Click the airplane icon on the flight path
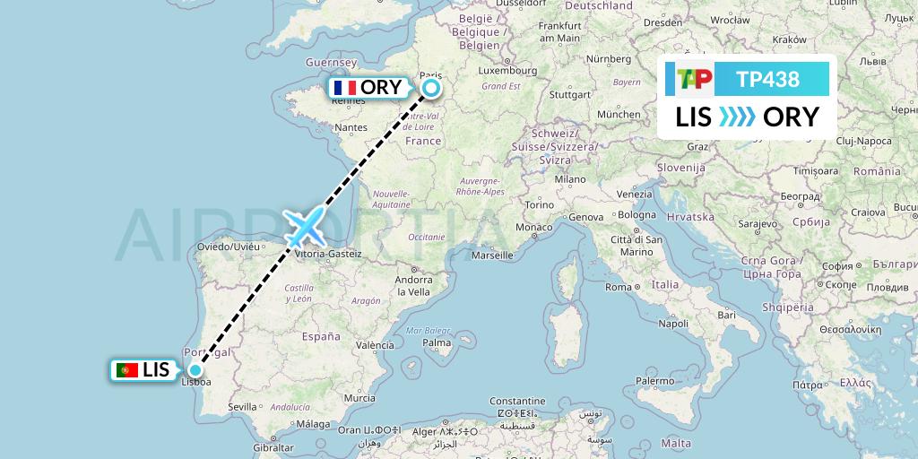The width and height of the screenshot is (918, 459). (306, 227)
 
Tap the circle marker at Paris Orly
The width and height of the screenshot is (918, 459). (431, 88)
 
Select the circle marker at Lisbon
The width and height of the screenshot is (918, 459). (195, 370)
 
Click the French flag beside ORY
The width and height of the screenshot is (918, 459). (344, 88)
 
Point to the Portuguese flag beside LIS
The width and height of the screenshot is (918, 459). (126, 369)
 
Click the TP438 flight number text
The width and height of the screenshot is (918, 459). (767, 80)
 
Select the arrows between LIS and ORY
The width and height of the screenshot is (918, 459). (737, 117)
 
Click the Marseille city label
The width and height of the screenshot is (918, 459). (493, 255)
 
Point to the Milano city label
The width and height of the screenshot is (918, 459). (569, 179)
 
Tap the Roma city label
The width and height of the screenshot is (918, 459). (619, 287)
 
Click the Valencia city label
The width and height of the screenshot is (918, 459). (375, 345)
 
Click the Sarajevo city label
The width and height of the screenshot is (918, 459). (758, 223)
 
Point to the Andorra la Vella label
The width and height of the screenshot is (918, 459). (413, 286)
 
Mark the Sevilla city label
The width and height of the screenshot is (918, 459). (242, 406)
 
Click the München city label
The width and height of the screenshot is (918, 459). (618, 115)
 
